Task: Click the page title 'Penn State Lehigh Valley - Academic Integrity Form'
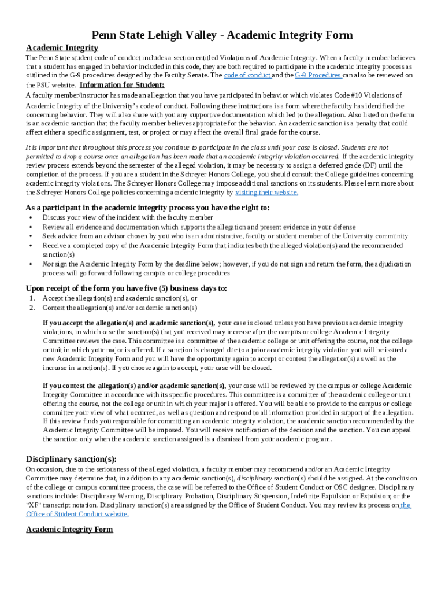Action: [222, 35]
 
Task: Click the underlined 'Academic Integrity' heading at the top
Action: [62, 47]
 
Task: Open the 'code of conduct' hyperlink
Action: [247, 75]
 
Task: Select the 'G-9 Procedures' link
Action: [318, 75]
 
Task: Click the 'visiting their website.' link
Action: [266, 192]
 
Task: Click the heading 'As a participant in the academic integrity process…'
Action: [147, 208]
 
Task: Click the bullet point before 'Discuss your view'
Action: [30, 217]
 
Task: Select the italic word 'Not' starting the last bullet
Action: [48, 264]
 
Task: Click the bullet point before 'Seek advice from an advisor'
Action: [30, 236]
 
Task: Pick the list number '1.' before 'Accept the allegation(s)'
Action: [32, 298]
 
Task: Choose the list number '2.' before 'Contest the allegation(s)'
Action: [32, 308]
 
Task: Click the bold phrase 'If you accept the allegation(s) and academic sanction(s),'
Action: [129, 323]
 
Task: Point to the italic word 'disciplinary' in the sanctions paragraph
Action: [255, 478]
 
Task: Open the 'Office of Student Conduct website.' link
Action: [77, 513]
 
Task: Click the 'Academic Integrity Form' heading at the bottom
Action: [69, 529]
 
